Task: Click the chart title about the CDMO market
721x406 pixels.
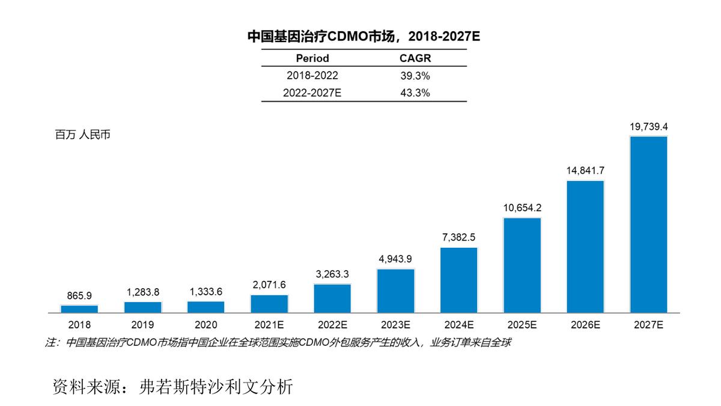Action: click(x=364, y=36)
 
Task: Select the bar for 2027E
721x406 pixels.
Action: click(x=648, y=224)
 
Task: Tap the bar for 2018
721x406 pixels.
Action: click(x=79, y=309)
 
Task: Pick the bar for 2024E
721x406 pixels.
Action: click(x=458, y=280)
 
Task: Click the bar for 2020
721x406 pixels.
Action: click(x=205, y=307)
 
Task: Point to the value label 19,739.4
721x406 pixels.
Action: click(x=648, y=127)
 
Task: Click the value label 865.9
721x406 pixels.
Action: click(x=79, y=296)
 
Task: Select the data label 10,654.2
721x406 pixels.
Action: click(x=522, y=208)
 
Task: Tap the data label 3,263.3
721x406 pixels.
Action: click(x=332, y=274)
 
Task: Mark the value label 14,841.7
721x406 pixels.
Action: click(x=585, y=171)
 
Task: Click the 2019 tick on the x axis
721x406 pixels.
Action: click(x=142, y=325)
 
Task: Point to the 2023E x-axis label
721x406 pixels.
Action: click(x=395, y=325)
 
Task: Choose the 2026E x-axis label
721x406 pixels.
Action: click(x=585, y=325)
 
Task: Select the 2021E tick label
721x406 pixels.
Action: click(x=269, y=325)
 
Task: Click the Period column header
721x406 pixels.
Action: click(x=312, y=58)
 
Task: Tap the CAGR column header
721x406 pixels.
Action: click(x=415, y=58)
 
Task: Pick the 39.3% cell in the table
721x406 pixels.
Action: click(x=415, y=76)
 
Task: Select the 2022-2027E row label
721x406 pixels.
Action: click(x=312, y=93)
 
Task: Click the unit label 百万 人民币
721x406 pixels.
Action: click(x=82, y=135)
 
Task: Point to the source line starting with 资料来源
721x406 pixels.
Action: click(x=173, y=386)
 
